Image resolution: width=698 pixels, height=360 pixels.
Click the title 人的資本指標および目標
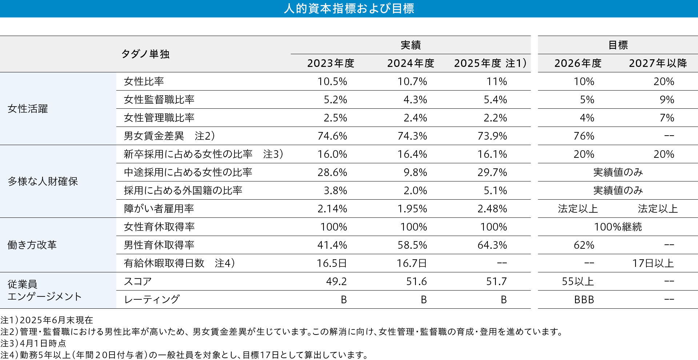349,8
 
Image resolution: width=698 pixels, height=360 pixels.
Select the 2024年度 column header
410,63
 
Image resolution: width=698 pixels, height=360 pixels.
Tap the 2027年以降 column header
658,63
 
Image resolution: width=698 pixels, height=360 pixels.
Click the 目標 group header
618,45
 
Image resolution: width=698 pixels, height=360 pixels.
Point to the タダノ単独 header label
145,54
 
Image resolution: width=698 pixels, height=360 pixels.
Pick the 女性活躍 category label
28,109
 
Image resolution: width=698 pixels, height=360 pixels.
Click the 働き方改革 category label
32,245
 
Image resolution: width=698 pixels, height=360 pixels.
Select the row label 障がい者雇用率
159,209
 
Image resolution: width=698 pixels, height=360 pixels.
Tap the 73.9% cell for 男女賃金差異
492,136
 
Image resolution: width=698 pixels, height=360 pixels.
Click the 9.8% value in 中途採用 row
415,172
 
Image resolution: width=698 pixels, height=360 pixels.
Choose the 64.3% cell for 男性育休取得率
492,245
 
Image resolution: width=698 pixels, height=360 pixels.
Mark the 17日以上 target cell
653,263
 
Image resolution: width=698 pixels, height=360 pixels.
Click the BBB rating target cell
584,300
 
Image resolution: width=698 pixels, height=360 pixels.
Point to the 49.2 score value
336,281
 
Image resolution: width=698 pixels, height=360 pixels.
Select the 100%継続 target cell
618,227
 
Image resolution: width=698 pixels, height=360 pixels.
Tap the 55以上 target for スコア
578,281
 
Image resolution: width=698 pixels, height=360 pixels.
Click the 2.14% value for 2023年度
332,209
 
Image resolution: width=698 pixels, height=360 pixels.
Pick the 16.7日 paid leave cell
412,263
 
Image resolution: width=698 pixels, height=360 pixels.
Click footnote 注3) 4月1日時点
33,343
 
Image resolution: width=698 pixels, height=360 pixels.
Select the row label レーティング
152,300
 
